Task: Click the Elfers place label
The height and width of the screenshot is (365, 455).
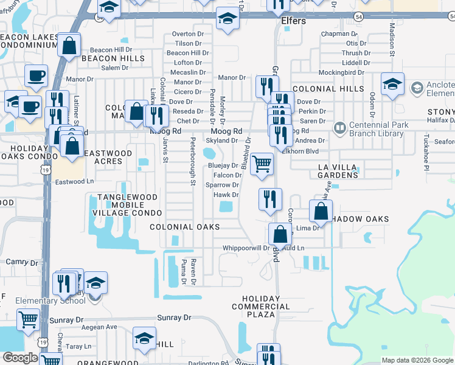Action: pyautogui.click(x=294, y=21)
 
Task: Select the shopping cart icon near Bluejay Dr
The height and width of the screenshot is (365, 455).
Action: pyautogui.click(x=262, y=163)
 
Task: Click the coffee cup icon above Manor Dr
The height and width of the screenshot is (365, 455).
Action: pyautogui.click(x=36, y=76)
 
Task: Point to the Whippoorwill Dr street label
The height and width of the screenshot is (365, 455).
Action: pyautogui.click(x=246, y=248)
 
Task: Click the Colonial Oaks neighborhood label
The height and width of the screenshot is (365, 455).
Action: pyautogui.click(x=185, y=227)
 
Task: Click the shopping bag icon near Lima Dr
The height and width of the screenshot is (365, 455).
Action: pyautogui.click(x=321, y=212)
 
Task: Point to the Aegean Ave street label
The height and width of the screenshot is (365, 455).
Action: pyautogui.click(x=99, y=327)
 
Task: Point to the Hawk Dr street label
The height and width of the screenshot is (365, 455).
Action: pyautogui.click(x=225, y=195)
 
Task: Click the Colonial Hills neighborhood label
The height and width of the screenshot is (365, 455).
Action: pyautogui.click(x=323, y=89)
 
